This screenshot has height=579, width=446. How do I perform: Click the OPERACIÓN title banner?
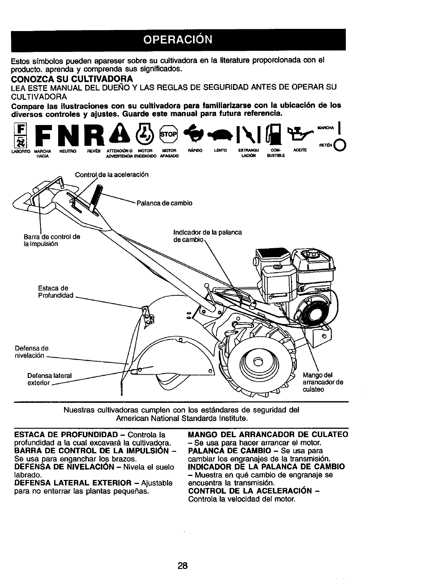point(178,39)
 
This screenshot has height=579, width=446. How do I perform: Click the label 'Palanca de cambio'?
point(164,203)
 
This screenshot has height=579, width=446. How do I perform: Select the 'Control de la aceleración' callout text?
point(111,175)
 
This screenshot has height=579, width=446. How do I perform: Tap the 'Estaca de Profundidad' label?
point(56,292)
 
